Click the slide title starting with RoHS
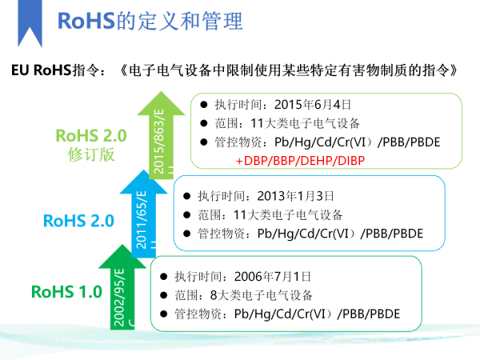[x=150, y=21]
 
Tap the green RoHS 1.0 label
[x=66, y=291]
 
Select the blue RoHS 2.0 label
[x=78, y=220]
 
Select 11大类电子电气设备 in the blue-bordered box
[x=296, y=214]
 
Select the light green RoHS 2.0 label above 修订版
[x=91, y=134]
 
